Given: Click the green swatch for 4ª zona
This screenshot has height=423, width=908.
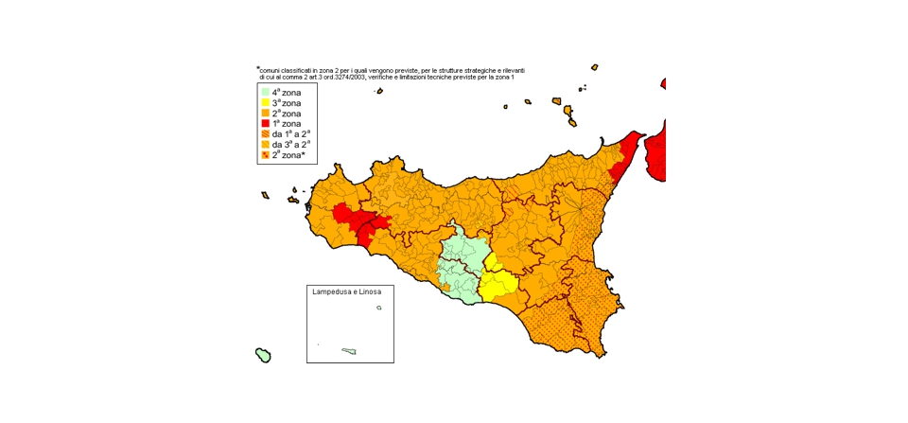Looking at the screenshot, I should click(266, 92).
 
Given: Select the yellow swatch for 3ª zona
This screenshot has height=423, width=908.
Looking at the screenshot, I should click(266, 102).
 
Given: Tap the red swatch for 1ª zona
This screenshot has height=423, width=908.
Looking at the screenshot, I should click(266, 123).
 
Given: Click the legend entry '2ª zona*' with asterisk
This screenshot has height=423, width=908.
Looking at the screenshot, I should click(288, 154).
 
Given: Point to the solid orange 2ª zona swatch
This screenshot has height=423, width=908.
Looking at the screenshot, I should click(266, 113).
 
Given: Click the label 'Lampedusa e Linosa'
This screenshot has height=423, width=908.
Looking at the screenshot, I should click(346, 291).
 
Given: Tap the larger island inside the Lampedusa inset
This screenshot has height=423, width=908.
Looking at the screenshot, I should click(349, 351).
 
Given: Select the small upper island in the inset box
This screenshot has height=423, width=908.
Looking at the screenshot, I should click(379, 308).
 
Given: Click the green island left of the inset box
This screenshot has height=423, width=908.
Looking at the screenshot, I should click(264, 356).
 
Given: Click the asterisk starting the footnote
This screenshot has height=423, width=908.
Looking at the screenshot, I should click(257, 68).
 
